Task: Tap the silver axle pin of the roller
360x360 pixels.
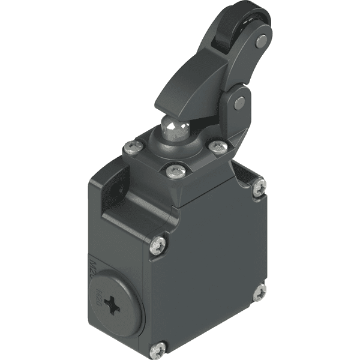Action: tap(260, 41)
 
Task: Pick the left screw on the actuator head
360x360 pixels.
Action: tap(133, 145)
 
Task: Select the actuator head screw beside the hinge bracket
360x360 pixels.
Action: tap(217, 146)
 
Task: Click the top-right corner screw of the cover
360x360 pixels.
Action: tap(259, 188)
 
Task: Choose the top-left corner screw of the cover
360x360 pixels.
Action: tap(157, 245)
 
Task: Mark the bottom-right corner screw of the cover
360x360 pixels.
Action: tap(259, 293)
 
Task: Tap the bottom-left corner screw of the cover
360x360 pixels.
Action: tap(158, 347)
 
